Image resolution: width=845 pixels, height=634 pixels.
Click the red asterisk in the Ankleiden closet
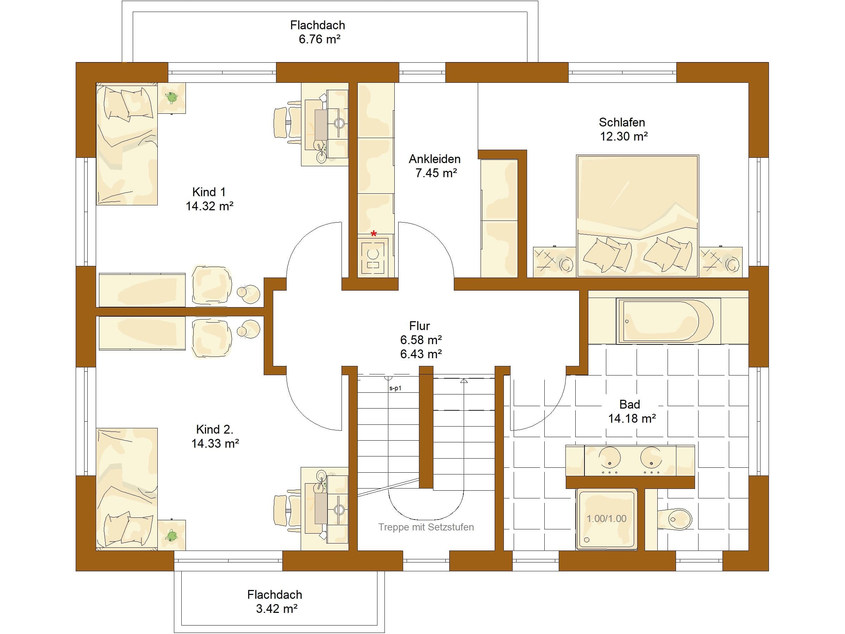(374, 233)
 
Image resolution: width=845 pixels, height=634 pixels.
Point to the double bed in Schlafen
(638, 216)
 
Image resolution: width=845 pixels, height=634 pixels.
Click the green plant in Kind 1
(172, 98)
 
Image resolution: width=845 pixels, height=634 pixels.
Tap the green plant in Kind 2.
(172, 535)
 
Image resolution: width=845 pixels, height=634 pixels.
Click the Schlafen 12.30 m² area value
(624, 136)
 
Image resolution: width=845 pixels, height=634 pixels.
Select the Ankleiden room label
(435, 159)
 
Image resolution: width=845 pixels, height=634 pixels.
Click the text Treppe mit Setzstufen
(426, 527)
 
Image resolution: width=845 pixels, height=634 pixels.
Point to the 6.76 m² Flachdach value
(319, 39)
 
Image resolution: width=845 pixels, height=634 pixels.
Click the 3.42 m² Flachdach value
(277, 608)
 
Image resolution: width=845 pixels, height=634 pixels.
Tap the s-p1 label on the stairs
(395, 388)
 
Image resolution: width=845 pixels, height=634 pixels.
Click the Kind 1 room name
(209, 192)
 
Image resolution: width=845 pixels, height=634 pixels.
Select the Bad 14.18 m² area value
(632, 418)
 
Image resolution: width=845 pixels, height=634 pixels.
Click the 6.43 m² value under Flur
(421, 354)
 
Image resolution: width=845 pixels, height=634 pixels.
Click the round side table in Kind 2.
(249, 328)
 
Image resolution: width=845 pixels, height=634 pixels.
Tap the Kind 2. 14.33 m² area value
(215, 443)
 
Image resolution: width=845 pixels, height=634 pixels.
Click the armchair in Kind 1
(212, 285)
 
